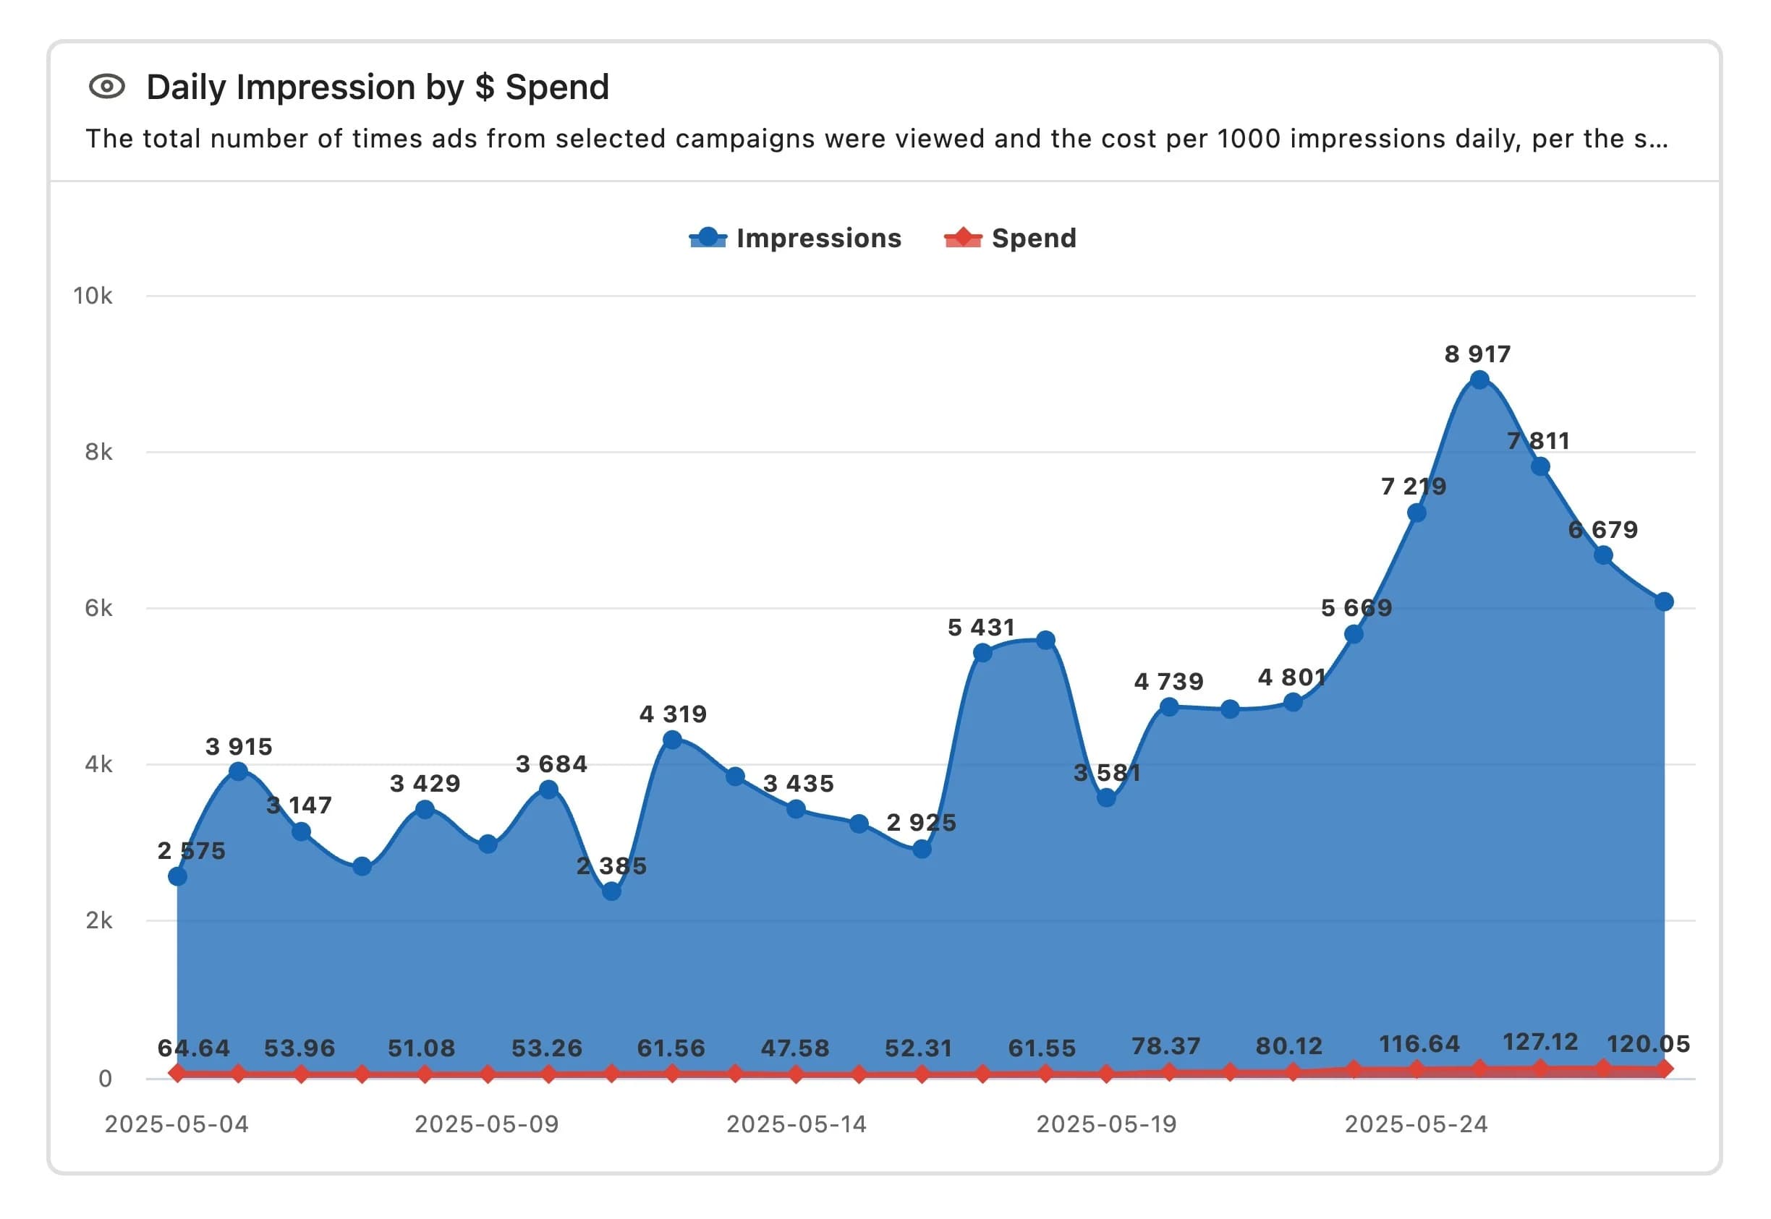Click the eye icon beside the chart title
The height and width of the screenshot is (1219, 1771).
click(107, 86)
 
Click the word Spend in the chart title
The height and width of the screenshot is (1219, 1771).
click(557, 87)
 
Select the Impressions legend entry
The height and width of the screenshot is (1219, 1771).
click(794, 239)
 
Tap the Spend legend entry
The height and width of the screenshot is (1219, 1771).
click(1010, 239)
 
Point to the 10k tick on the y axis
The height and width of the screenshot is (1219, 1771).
click(93, 296)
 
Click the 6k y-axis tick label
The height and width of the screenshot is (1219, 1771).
click(98, 608)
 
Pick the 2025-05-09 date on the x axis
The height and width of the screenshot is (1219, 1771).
click(487, 1124)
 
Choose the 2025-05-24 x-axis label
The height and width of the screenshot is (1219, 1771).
click(1416, 1124)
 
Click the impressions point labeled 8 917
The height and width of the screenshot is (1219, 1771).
click(1479, 380)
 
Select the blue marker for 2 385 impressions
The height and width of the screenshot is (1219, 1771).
click(611, 891)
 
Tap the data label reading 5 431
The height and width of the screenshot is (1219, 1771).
click(981, 628)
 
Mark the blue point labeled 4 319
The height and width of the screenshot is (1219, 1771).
click(672, 740)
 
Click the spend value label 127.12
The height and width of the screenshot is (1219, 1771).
click(1539, 1043)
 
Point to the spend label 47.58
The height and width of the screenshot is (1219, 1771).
click(794, 1048)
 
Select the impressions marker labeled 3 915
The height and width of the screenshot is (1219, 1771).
click(238, 771)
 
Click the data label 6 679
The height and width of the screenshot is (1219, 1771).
click(1603, 529)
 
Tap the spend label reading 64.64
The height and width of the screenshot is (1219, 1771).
click(193, 1048)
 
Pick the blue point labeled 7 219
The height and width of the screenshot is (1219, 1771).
click(1416, 513)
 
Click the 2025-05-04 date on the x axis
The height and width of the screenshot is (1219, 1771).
click(177, 1124)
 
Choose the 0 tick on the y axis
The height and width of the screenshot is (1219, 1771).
click(105, 1079)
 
